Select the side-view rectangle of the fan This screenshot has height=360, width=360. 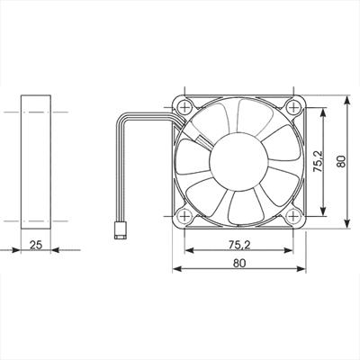36,160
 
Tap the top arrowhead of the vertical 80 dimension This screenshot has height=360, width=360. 346,93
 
